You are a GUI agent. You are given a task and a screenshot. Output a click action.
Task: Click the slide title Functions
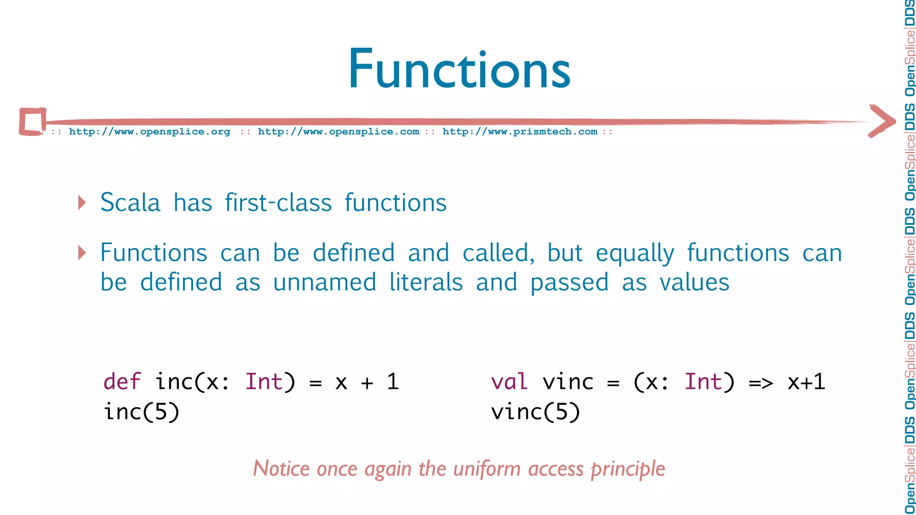[459, 69]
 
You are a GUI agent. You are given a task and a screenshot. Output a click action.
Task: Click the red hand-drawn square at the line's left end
[33, 121]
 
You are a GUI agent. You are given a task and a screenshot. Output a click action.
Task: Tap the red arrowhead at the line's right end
[882, 121]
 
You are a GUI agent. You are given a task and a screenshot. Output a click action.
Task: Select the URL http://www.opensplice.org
[149, 132]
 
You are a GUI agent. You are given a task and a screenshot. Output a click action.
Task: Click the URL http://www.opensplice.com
[339, 132]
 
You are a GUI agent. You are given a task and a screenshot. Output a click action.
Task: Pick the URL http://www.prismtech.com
[520, 132]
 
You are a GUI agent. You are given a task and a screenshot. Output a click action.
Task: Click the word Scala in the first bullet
[130, 203]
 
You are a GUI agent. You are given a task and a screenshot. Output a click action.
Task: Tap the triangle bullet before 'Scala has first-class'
[82, 203]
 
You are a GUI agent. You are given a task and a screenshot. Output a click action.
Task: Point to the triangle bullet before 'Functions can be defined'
[82, 253]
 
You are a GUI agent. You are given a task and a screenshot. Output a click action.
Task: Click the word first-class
[278, 203]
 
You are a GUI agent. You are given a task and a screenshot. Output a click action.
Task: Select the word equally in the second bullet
[635, 253]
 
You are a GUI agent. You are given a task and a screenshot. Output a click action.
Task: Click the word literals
[426, 283]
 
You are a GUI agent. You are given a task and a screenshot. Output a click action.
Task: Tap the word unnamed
[324, 283]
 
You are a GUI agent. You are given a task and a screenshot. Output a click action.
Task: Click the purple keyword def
[122, 382]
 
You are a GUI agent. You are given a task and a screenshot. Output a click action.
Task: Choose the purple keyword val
[509, 382]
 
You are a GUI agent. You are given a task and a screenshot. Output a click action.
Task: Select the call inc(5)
[141, 411]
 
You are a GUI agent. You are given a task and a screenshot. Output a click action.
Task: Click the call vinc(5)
[535, 411]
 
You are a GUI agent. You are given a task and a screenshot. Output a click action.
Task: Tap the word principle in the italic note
[628, 469]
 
